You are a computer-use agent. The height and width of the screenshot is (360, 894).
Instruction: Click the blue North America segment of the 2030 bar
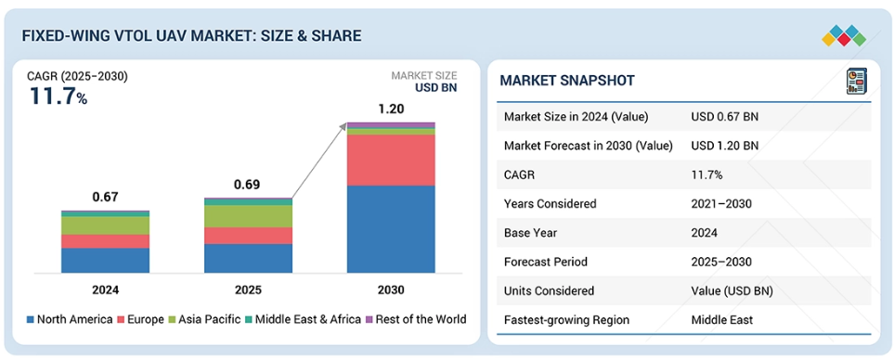(x=391, y=229)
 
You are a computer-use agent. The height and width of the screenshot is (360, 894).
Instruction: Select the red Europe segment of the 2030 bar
(x=391, y=161)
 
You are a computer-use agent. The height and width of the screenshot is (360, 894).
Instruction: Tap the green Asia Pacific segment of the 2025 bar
(x=248, y=216)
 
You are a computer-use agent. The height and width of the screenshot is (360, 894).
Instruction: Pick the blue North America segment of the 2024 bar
(x=106, y=261)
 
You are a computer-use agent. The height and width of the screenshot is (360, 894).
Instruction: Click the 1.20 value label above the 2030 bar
(x=391, y=109)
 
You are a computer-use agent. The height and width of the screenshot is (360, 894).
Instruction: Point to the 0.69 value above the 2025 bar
(x=248, y=185)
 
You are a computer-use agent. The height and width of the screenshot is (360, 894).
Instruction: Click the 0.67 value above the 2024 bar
(x=106, y=197)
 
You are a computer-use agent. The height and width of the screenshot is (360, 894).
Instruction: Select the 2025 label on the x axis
(x=248, y=289)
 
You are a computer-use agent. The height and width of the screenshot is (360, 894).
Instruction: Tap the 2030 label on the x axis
(x=391, y=289)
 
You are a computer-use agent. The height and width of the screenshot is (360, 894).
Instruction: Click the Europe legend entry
(x=141, y=319)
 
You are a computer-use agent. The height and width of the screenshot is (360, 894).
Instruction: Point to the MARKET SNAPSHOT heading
(x=566, y=81)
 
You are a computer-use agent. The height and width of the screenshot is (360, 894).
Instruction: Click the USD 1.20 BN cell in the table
(x=725, y=146)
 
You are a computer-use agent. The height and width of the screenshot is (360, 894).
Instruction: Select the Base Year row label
(x=530, y=232)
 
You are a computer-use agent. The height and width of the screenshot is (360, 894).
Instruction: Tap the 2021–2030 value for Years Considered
(x=721, y=203)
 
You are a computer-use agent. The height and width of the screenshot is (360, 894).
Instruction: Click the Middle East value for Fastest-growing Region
(x=722, y=319)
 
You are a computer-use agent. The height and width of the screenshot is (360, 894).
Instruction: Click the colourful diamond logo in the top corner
(x=844, y=36)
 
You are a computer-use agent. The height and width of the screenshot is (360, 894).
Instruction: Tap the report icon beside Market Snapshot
(x=856, y=81)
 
